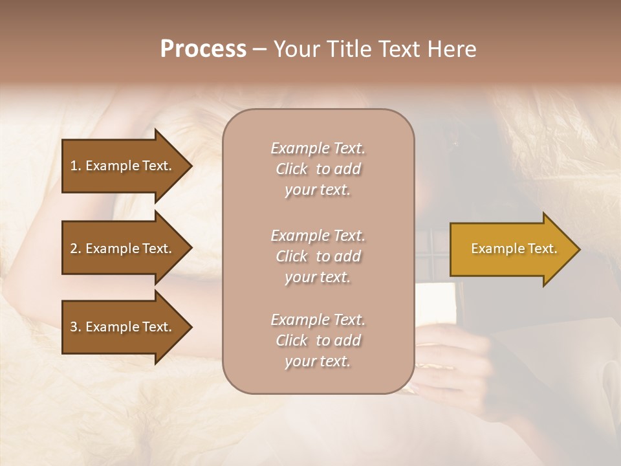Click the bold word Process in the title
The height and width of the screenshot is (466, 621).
click(x=203, y=49)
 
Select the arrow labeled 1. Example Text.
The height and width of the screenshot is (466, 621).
click(x=123, y=166)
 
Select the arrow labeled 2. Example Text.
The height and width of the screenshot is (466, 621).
click(x=123, y=249)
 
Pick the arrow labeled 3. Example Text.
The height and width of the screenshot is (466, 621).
click(x=123, y=327)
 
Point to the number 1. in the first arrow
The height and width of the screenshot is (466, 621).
click(x=75, y=166)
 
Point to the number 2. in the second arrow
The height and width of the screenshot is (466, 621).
click(x=75, y=249)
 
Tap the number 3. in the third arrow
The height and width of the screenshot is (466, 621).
click(x=75, y=327)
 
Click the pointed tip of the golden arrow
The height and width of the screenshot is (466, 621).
click(x=577, y=249)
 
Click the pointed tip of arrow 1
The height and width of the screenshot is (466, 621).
click(x=190, y=166)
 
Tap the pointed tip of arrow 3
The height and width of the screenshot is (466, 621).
click(x=190, y=327)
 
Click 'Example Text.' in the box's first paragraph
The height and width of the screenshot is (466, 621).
click(x=318, y=148)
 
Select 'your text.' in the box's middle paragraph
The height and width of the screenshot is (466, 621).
click(x=318, y=277)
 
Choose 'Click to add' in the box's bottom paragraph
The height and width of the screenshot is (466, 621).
click(x=318, y=340)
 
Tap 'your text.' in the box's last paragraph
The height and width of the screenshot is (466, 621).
click(x=318, y=362)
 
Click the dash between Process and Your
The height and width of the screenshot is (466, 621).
click(x=259, y=49)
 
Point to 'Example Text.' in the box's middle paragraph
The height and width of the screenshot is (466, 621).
click(x=318, y=236)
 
